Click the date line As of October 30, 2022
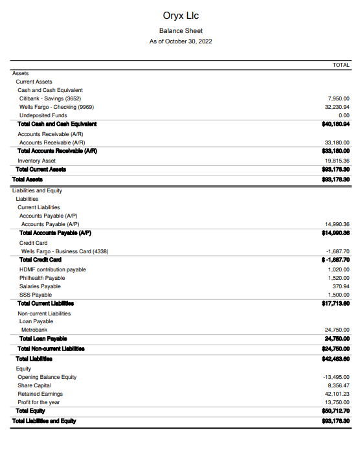click(180, 41)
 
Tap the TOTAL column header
click(341, 65)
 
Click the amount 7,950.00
click(339, 98)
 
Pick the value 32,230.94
click(337, 107)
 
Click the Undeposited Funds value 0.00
click(343, 115)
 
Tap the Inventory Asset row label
click(36, 161)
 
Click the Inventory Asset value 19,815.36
click(337, 161)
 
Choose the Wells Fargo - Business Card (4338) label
click(64, 251)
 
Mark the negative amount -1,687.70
click(338, 251)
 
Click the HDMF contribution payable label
click(52, 269)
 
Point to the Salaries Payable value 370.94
click(341, 286)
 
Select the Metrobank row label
click(34, 330)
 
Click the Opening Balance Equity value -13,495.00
click(336, 377)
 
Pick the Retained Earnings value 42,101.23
click(337, 394)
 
